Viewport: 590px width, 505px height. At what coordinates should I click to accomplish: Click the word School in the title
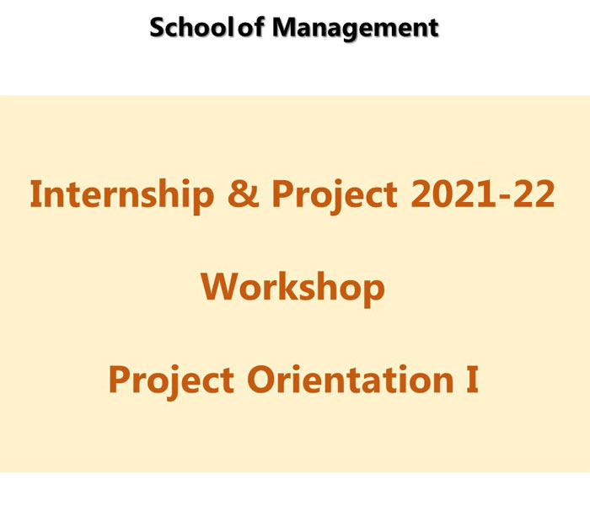click(x=193, y=27)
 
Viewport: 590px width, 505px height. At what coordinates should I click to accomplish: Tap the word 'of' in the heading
click(x=251, y=27)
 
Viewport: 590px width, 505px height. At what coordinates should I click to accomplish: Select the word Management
click(x=355, y=29)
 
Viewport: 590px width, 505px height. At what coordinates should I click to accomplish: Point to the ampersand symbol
click(x=244, y=194)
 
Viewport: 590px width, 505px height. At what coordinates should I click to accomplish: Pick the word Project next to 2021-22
click(x=334, y=195)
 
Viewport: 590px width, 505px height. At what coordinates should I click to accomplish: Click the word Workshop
click(x=292, y=288)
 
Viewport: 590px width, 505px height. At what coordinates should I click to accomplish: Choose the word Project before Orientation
click(x=171, y=381)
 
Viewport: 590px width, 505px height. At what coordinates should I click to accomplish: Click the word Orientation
click(x=351, y=379)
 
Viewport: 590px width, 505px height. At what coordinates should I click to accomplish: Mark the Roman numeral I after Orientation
click(x=472, y=379)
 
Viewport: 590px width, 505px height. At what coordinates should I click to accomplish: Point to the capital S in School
click(x=158, y=28)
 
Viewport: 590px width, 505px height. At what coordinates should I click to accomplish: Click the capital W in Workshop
click(x=219, y=286)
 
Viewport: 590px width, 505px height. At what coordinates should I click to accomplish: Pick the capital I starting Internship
click(x=34, y=194)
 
